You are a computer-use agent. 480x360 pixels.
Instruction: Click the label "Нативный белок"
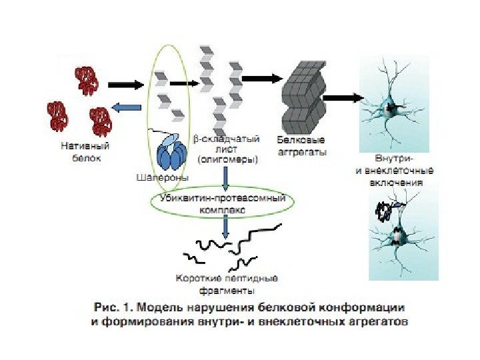[85, 150]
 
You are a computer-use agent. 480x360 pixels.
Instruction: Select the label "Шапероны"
[162, 178]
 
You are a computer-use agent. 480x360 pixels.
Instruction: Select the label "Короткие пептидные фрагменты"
[227, 284]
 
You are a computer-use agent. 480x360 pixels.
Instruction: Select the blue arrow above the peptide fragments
[225, 228]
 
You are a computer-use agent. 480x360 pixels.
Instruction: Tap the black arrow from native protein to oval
[125, 85]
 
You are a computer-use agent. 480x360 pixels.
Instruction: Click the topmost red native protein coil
[88, 78]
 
